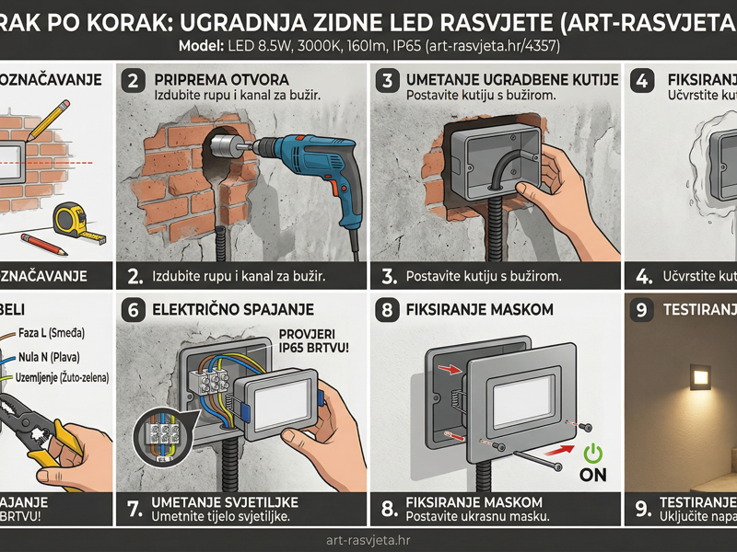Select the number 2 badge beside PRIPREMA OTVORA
click(135, 81)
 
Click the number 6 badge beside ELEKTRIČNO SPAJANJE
click(135, 310)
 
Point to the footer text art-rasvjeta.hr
click(368, 540)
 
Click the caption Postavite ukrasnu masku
click(478, 517)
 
